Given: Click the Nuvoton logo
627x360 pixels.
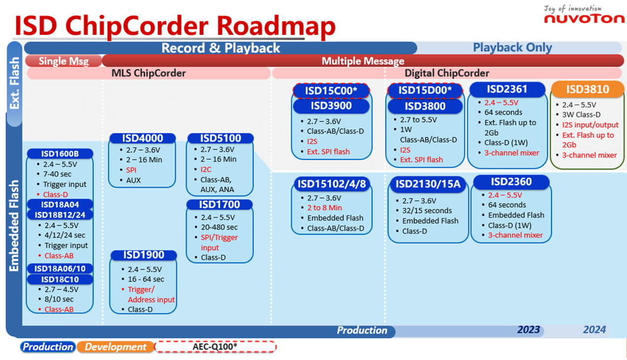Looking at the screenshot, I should point(583,18).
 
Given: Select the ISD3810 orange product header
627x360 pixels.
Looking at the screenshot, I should point(587,90).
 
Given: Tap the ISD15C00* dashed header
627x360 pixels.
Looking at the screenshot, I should point(331,90).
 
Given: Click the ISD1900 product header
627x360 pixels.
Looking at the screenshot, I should point(143,256).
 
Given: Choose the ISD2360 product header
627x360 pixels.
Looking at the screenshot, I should point(511,182).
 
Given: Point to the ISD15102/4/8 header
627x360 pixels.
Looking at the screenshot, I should point(331,184).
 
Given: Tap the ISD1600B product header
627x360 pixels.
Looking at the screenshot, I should point(60,154).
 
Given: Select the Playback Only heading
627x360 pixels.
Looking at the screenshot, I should point(512,48).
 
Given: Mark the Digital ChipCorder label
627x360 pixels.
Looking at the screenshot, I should point(447,73).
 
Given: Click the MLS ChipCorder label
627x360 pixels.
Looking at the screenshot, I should point(149,73).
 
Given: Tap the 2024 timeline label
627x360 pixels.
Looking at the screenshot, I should point(594,329).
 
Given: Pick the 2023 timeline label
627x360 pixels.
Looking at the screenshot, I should point(528,329).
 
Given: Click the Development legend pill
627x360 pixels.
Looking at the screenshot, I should point(115,347).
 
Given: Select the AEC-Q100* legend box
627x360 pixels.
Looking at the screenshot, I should point(215,347).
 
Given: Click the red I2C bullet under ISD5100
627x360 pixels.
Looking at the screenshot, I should point(206,169).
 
